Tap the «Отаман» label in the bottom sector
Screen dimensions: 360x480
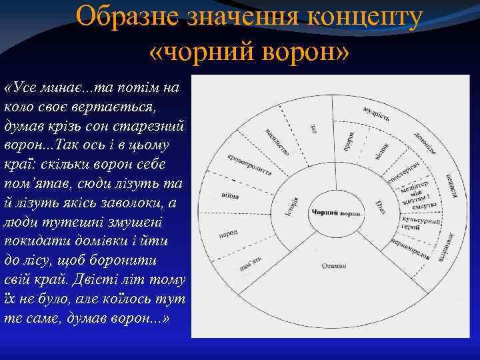pyautogui.click(x=335, y=265)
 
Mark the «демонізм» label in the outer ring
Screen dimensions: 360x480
pyautogui.click(x=425, y=141)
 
